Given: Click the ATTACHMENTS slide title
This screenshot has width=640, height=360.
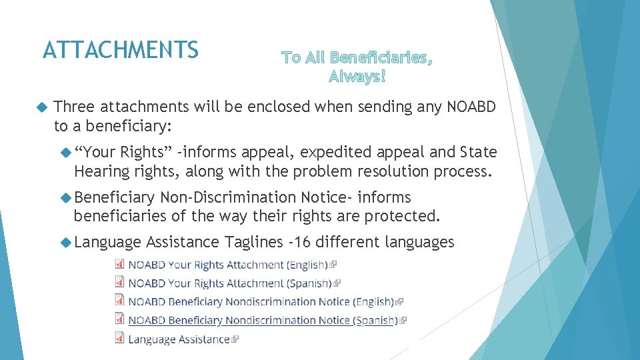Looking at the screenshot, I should pyautogui.click(x=120, y=50).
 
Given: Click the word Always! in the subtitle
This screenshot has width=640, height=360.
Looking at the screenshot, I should pyautogui.click(x=357, y=77).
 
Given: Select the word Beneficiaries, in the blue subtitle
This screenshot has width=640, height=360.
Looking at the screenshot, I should pyautogui.click(x=381, y=57).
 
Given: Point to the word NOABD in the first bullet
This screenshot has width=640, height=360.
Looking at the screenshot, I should pyautogui.click(x=472, y=107).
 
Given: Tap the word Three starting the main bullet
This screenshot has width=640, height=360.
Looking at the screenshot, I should pyautogui.click(x=75, y=107).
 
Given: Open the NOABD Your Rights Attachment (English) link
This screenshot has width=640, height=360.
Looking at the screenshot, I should pyautogui.click(x=227, y=265).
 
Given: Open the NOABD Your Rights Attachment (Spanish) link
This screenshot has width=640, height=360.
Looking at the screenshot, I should pyautogui.click(x=229, y=283).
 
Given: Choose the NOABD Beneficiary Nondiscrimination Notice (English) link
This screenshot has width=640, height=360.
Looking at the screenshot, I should pyautogui.click(x=261, y=302).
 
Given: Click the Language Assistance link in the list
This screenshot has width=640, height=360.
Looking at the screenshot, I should pyautogui.click(x=179, y=339).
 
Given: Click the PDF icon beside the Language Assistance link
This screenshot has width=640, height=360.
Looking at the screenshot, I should pyautogui.click(x=119, y=339).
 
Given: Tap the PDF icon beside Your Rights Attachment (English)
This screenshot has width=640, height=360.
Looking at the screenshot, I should pyautogui.click(x=119, y=264).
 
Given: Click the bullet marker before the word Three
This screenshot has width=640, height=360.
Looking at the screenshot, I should pyautogui.click(x=43, y=107).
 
